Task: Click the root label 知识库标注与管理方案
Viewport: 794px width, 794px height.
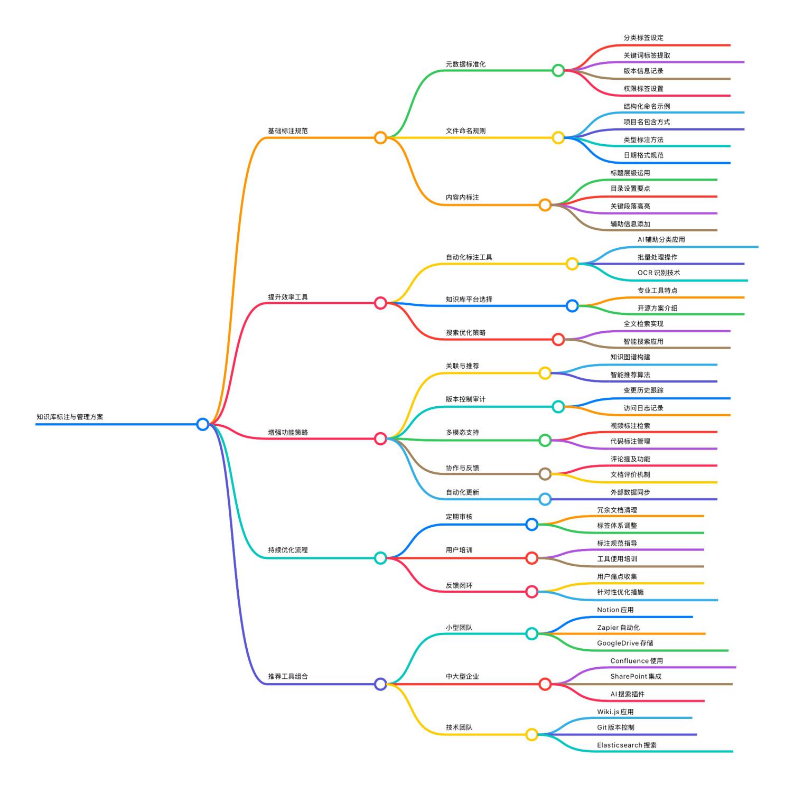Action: (70, 417)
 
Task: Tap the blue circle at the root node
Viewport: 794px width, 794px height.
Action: (202, 424)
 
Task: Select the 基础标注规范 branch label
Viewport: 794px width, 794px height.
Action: (287, 130)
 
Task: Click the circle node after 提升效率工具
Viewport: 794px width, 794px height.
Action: (380, 303)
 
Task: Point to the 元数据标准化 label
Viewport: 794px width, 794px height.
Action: (465, 64)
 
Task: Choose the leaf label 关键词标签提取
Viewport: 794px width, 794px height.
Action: (647, 55)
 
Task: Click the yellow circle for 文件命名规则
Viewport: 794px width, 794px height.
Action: (558, 138)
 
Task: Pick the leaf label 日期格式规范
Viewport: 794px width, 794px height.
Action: (643, 155)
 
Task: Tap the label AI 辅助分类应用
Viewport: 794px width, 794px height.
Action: (661, 239)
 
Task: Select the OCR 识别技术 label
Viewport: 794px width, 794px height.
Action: (658, 273)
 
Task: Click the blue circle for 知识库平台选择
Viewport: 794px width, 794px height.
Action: (572, 306)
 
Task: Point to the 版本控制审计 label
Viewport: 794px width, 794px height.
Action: (465, 399)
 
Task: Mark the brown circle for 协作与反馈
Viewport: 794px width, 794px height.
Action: (545, 474)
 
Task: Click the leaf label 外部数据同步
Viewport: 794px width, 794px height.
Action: (630, 492)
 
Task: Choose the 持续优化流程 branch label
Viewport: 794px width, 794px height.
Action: (287, 550)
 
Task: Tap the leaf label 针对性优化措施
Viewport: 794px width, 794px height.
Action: (620, 592)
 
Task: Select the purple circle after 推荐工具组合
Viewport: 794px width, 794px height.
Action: (380, 684)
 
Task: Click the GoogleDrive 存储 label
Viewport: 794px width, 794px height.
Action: (625, 643)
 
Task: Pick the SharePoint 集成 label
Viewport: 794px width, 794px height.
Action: (636, 676)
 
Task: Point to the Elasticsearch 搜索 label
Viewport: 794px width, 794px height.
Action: (627, 745)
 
